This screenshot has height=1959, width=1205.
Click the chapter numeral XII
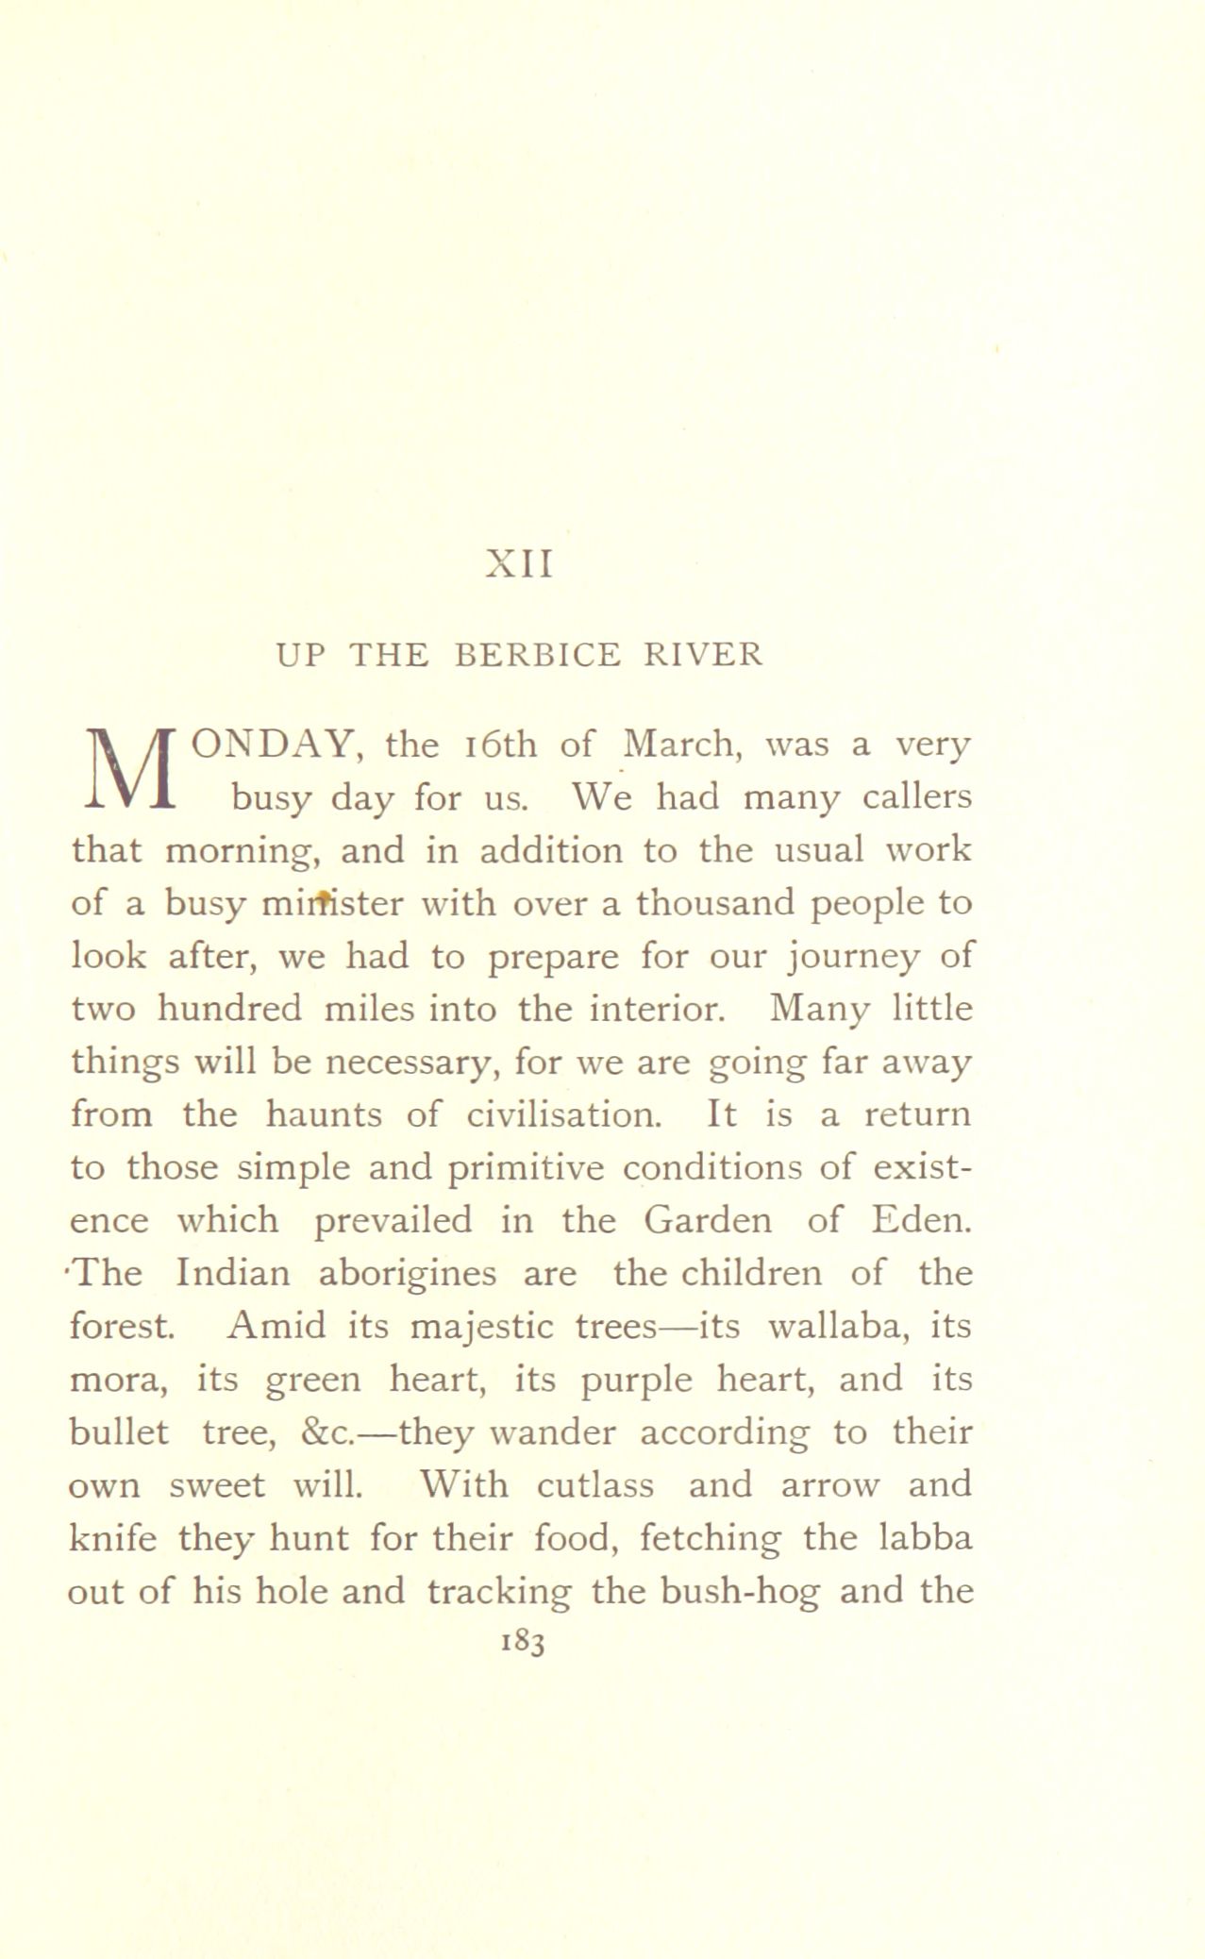518,565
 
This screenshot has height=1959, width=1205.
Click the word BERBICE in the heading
538,654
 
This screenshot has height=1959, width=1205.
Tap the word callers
917,798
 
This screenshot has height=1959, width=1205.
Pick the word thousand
714,904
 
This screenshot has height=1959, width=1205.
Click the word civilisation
561,1115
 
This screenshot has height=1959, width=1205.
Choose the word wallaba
833,1327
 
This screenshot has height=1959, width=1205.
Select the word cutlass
595,1485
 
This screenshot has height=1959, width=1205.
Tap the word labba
926,1538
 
